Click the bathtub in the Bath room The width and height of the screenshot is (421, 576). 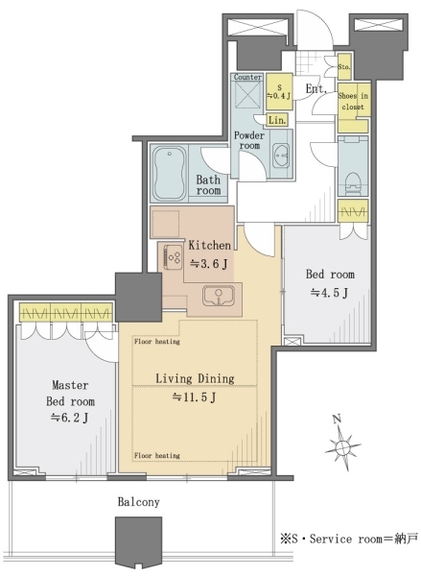pyautogui.click(x=169, y=173)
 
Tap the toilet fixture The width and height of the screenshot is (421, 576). pyautogui.click(x=352, y=182)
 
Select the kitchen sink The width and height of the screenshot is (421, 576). pyautogui.click(x=219, y=296)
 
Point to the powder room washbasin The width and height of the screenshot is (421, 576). pyautogui.click(x=281, y=156)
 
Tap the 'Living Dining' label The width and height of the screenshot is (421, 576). pyautogui.click(x=195, y=378)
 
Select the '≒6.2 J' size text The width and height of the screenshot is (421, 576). pyautogui.click(x=69, y=418)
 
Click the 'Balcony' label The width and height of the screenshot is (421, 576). pyautogui.click(x=139, y=502)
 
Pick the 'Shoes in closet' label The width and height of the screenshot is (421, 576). pyautogui.click(x=353, y=101)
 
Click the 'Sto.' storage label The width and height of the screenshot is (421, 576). pyautogui.click(x=344, y=67)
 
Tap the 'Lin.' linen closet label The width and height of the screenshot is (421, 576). pyautogui.click(x=277, y=120)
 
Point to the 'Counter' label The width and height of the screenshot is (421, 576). pyautogui.click(x=247, y=77)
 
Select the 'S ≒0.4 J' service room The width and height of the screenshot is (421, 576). pyautogui.click(x=279, y=92)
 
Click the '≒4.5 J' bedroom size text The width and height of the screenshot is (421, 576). pyautogui.click(x=329, y=293)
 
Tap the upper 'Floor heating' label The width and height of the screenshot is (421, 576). pyautogui.click(x=156, y=342)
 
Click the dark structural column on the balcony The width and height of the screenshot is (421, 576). pyautogui.click(x=139, y=542)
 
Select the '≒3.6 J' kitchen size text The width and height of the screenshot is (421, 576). pyautogui.click(x=209, y=263)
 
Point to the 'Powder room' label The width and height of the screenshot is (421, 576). pyautogui.click(x=249, y=140)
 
